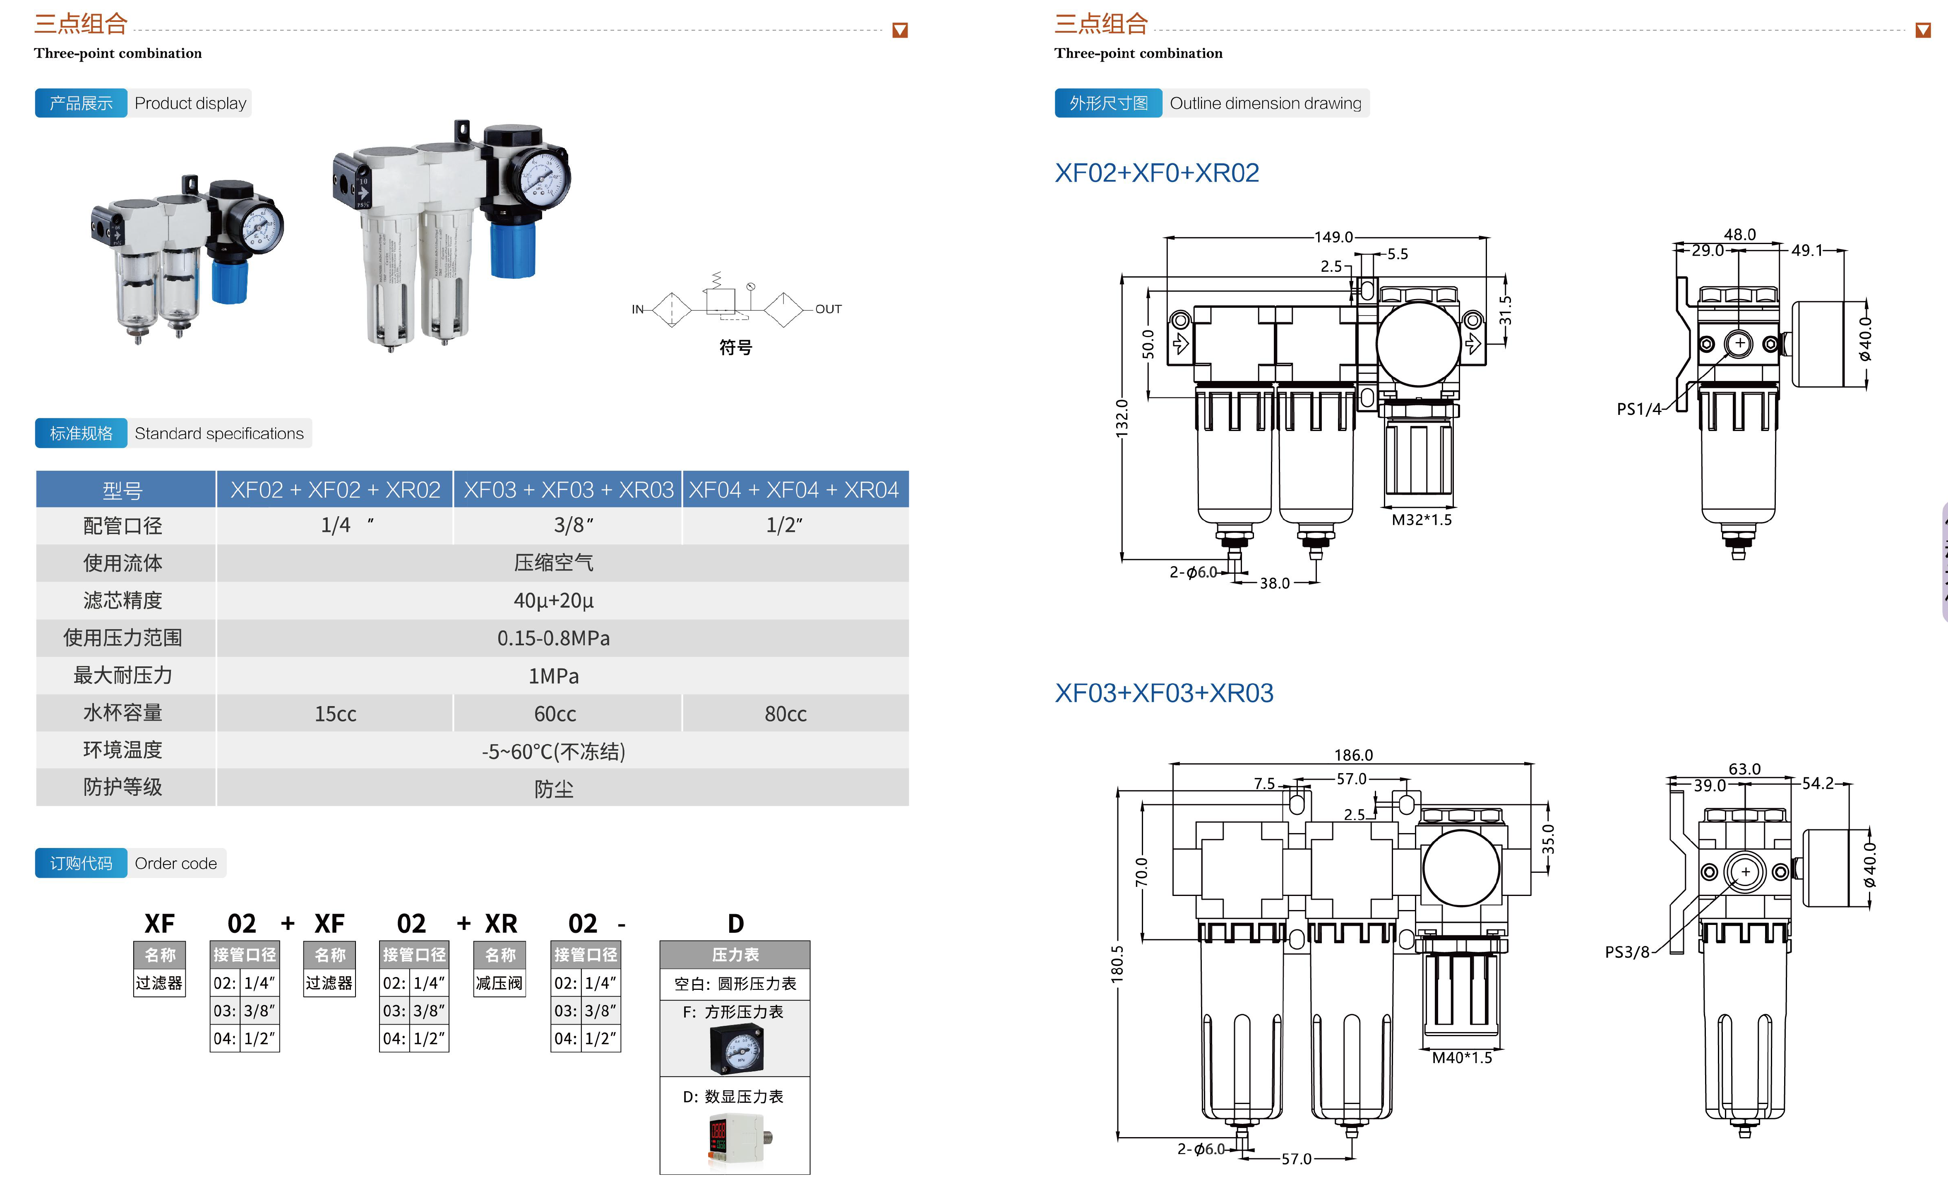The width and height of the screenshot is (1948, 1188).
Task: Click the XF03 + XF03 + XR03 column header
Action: click(568, 490)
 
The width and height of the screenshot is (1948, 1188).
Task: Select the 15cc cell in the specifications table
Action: click(335, 714)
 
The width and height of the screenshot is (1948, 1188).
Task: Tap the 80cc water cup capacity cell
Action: click(785, 714)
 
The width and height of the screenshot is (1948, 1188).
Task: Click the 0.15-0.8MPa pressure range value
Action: click(553, 638)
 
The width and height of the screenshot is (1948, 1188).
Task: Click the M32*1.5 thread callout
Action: click(1422, 519)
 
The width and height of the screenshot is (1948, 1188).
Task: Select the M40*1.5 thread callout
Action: click(1462, 1058)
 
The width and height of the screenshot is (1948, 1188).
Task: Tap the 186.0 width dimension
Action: click(1353, 755)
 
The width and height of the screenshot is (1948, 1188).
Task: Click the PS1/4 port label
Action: click(1638, 409)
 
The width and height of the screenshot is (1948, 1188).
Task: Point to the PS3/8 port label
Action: click(1627, 952)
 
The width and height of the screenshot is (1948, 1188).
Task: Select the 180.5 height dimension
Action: click(1117, 964)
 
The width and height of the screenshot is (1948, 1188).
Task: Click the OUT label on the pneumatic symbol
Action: click(829, 309)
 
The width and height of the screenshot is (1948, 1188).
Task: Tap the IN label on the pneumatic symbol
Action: click(637, 309)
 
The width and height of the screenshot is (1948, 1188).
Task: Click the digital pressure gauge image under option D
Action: click(735, 1140)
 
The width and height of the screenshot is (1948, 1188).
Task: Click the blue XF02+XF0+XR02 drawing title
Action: click(1157, 172)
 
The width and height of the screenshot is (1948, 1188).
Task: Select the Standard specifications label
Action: click(219, 433)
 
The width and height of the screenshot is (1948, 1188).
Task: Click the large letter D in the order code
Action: click(735, 923)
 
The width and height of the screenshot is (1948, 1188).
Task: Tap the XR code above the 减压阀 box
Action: click(500, 923)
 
